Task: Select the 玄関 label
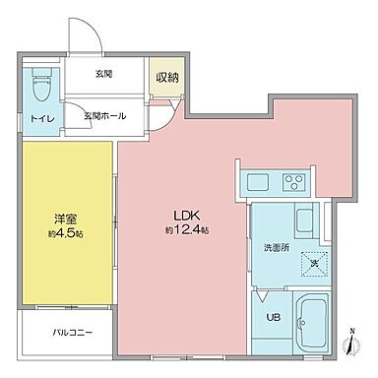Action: [x=103, y=76]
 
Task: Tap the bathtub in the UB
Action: [x=317, y=316]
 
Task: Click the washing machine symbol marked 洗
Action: [x=315, y=261]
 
